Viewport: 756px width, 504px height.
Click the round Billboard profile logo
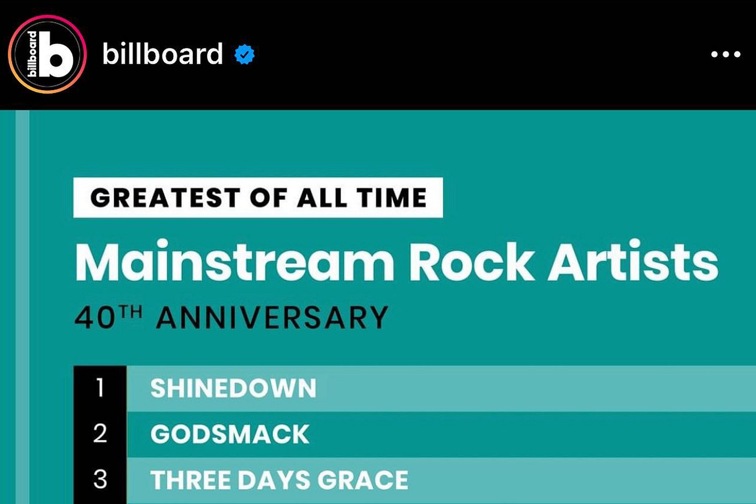point(47,54)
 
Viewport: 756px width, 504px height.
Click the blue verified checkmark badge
point(245,54)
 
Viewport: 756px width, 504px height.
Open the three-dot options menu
point(726,54)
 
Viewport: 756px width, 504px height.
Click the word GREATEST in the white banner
point(165,197)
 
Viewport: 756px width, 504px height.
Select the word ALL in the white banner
point(322,197)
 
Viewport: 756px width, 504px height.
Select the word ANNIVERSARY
point(272,318)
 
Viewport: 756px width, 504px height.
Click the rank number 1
point(100,388)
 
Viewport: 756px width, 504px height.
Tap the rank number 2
point(100,433)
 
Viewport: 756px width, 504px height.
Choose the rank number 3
point(100,479)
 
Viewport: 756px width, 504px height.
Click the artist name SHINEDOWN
point(233,388)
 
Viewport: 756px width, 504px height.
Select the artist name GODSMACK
point(230,434)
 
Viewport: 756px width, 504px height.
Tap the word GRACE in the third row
point(363,480)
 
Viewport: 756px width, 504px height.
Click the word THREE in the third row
point(191,480)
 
